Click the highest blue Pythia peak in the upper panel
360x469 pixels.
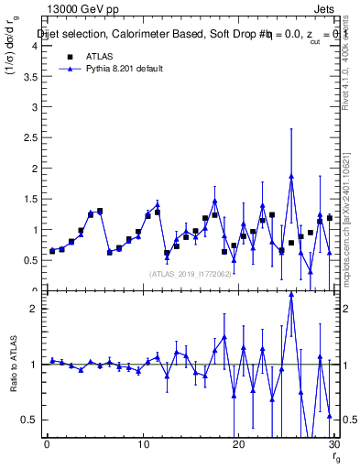coord(291,176)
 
